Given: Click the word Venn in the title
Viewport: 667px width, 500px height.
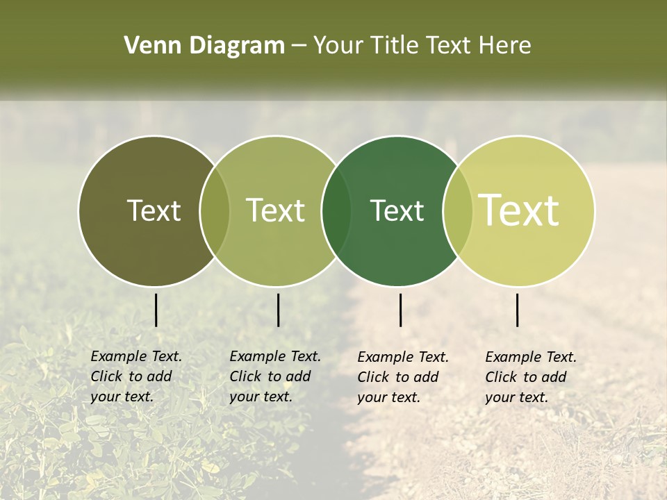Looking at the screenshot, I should (147, 46).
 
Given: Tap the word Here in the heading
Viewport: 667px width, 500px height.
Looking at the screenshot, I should (505, 46).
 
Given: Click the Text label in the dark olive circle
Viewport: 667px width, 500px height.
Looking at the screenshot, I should (154, 210).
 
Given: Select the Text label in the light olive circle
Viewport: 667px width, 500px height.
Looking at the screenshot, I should (276, 210).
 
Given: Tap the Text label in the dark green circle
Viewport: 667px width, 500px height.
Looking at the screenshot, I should (397, 210).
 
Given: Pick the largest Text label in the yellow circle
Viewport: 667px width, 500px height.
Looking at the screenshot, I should (519, 210).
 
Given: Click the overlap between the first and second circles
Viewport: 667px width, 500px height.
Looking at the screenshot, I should (215, 211).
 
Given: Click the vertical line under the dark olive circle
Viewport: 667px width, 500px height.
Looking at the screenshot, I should (156, 310).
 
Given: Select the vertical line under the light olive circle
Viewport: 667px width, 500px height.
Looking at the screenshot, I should (278, 310).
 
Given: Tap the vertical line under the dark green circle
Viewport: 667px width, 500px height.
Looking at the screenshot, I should (401, 310).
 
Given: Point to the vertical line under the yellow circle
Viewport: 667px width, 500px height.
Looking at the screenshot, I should (518, 310).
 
